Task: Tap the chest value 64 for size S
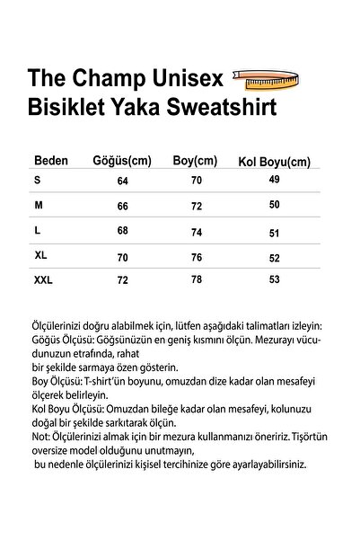click(x=122, y=181)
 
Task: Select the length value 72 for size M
click(x=197, y=206)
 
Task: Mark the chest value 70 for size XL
click(x=123, y=256)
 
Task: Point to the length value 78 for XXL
click(x=197, y=281)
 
